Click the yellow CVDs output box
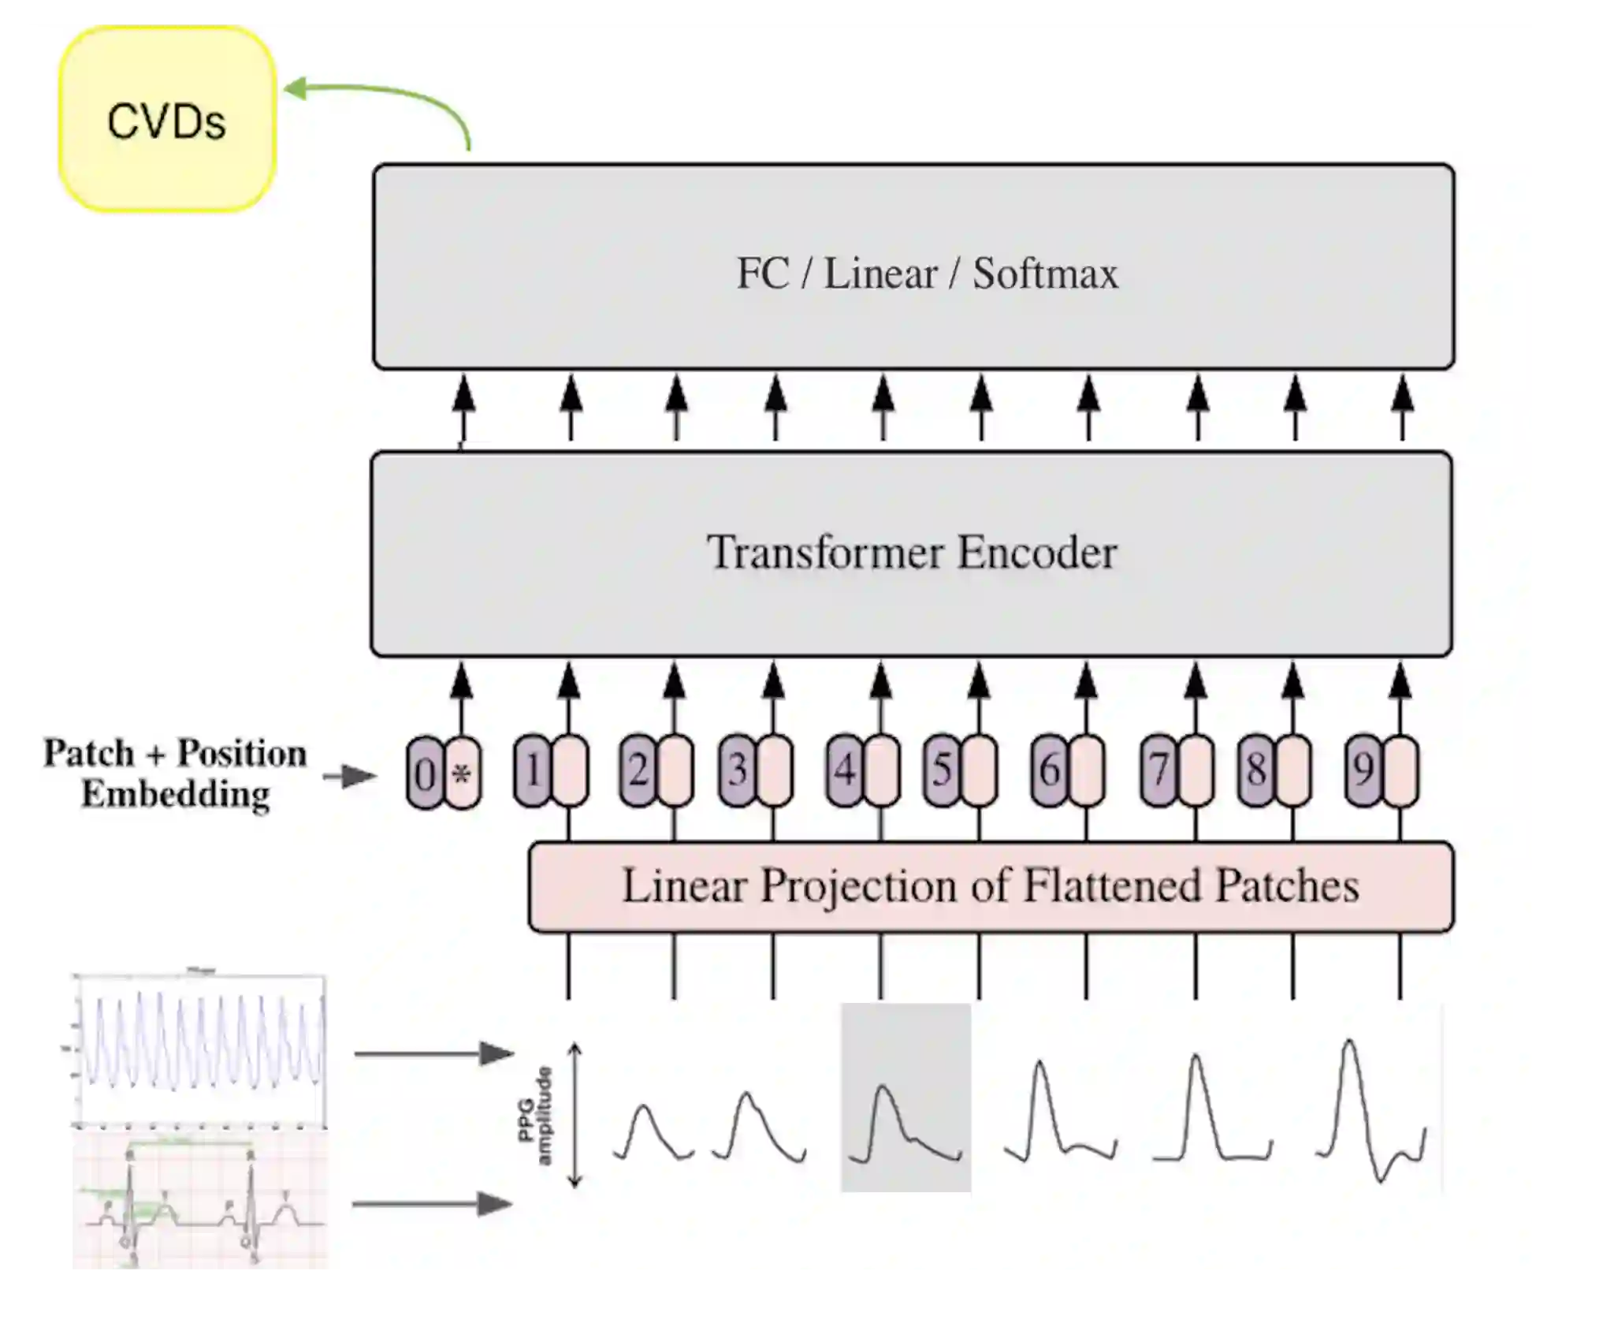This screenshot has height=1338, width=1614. click(167, 119)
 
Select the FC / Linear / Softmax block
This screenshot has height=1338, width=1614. click(913, 266)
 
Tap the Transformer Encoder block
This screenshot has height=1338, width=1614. click(911, 553)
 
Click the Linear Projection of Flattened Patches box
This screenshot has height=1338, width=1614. click(991, 887)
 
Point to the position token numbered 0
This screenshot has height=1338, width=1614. click(425, 773)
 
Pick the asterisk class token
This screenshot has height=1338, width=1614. click(463, 773)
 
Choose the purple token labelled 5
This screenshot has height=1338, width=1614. click(941, 770)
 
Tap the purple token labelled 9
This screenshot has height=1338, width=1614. click(1363, 770)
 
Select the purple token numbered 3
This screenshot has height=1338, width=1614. click(737, 770)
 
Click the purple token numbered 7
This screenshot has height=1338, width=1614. click(1158, 770)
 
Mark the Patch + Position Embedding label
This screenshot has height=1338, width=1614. click(175, 773)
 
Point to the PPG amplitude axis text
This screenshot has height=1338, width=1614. click(534, 1115)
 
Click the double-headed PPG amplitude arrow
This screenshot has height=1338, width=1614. click(575, 1115)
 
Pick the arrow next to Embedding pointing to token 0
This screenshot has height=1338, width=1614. click(349, 777)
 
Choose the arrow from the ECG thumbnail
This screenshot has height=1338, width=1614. click(432, 1204)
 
